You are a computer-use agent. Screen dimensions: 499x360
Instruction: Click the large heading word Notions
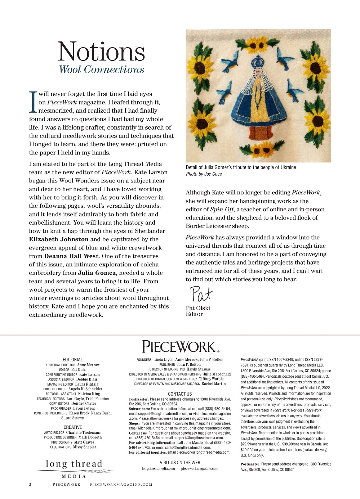click(101, 51)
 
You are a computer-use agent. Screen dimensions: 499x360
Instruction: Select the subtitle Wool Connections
click(102, 69)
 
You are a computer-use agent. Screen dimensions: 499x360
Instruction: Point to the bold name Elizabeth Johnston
click(59, 239)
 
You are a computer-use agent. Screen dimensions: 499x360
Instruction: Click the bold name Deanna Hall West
click(71, 256)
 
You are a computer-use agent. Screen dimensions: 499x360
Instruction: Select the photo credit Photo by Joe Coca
click(204, 174)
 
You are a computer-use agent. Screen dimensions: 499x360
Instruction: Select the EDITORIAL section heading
click(73, 360)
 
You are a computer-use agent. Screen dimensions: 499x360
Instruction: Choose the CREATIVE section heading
click(73, 427)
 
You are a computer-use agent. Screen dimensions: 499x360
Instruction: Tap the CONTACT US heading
click(180, 394)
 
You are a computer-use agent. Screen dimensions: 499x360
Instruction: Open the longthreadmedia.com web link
click(158, 469)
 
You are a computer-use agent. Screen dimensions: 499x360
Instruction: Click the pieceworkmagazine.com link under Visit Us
click(200, 469)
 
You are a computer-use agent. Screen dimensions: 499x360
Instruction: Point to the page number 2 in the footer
click(30, 485)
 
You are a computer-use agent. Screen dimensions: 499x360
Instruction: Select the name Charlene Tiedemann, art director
click(84, 433)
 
